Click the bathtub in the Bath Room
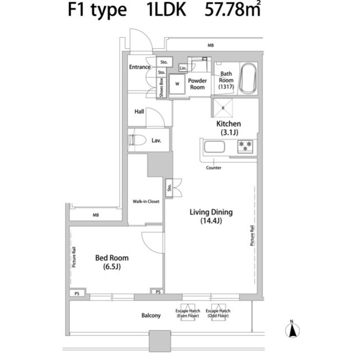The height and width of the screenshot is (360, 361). click(x=248, y=78)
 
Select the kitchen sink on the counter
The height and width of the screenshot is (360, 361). click(x=214, y=148)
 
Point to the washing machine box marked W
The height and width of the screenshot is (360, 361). click(x=177, y=85)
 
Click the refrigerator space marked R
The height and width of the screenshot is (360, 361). click(x=223, y=106)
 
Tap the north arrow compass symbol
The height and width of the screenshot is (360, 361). click(x=292, y=330)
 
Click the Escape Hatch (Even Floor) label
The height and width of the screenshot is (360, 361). click(x=187, y=313)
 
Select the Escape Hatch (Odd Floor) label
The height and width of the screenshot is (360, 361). click(x=218, y=313)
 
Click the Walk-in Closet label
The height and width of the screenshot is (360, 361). click(x=146, y=201)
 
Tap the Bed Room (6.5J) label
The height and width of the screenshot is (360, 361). click(x=111, y=262)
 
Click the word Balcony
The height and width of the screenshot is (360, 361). click(x=151, y=315)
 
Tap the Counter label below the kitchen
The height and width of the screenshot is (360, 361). click(x=213, y=168)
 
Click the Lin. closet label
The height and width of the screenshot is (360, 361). click(x=183, y=68)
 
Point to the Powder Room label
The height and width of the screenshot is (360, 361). click(x=197, y=84)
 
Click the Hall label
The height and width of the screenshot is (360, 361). click(x=139, y=112)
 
